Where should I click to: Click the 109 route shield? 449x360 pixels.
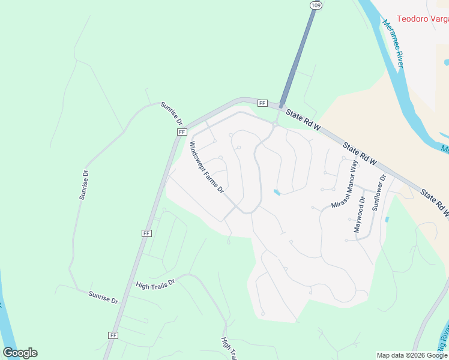click(x=315, y=5)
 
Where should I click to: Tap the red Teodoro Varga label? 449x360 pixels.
click(x=423, y=19)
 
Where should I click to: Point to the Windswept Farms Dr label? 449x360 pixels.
click(x=206, y=167)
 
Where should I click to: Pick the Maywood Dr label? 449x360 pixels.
click(x=359, y=215)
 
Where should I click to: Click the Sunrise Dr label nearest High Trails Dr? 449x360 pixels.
click(x=103, y=296)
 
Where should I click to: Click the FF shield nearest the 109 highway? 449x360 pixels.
click(x=262, y=103)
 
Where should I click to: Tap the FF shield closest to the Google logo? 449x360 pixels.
click(x=113, y=335)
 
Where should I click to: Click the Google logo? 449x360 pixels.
click(x=20, y=353)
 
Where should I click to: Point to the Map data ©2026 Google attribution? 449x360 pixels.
click(x=411, y=355)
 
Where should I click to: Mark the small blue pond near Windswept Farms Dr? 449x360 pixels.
click(x=276, y=192)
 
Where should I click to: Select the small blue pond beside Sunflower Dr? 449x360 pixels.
click(x=386, y=219)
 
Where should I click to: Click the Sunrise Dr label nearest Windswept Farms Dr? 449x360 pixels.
click(x=170, y=113)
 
